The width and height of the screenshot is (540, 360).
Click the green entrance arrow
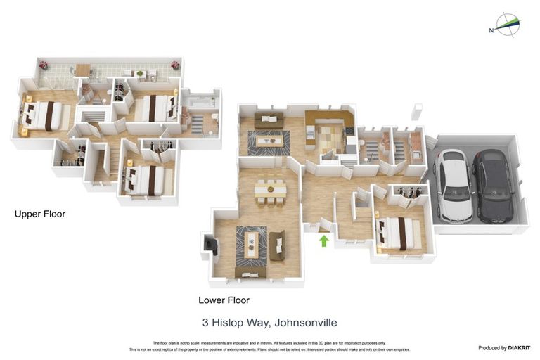point(323,241)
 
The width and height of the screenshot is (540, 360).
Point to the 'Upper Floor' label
point(40,214)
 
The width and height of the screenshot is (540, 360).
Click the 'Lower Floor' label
point(224,300)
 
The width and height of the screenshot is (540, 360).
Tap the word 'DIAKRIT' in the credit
point(518,348)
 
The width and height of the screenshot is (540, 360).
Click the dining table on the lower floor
point(270,189)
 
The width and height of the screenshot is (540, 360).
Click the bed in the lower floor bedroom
point(399,231)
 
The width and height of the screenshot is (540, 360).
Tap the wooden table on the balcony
point(83,69)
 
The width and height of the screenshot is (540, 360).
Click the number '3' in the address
point(205,323)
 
